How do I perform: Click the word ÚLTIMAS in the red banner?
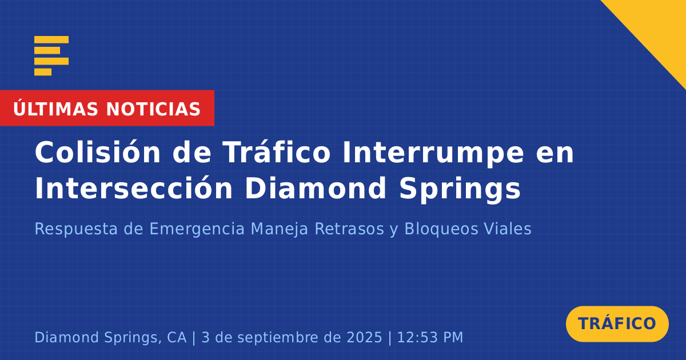[55, 109]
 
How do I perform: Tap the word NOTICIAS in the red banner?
[153, 109]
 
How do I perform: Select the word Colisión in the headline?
[98, 152]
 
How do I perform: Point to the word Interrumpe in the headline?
[433, 154]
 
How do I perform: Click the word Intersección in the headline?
[134, 187]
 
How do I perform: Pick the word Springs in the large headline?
[460, 190]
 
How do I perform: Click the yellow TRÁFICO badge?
[617, 324]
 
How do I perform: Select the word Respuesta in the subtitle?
[76, 229]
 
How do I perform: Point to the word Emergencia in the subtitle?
[197, 229]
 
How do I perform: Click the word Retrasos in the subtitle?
[349, 229]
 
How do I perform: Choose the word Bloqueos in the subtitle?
[441, 229]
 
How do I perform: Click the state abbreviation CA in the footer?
[177, 337]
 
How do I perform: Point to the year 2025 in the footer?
[365, 337]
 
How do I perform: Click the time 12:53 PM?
[430, 337]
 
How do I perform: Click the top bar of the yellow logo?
[51, 39]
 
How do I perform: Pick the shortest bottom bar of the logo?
[43, 72]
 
